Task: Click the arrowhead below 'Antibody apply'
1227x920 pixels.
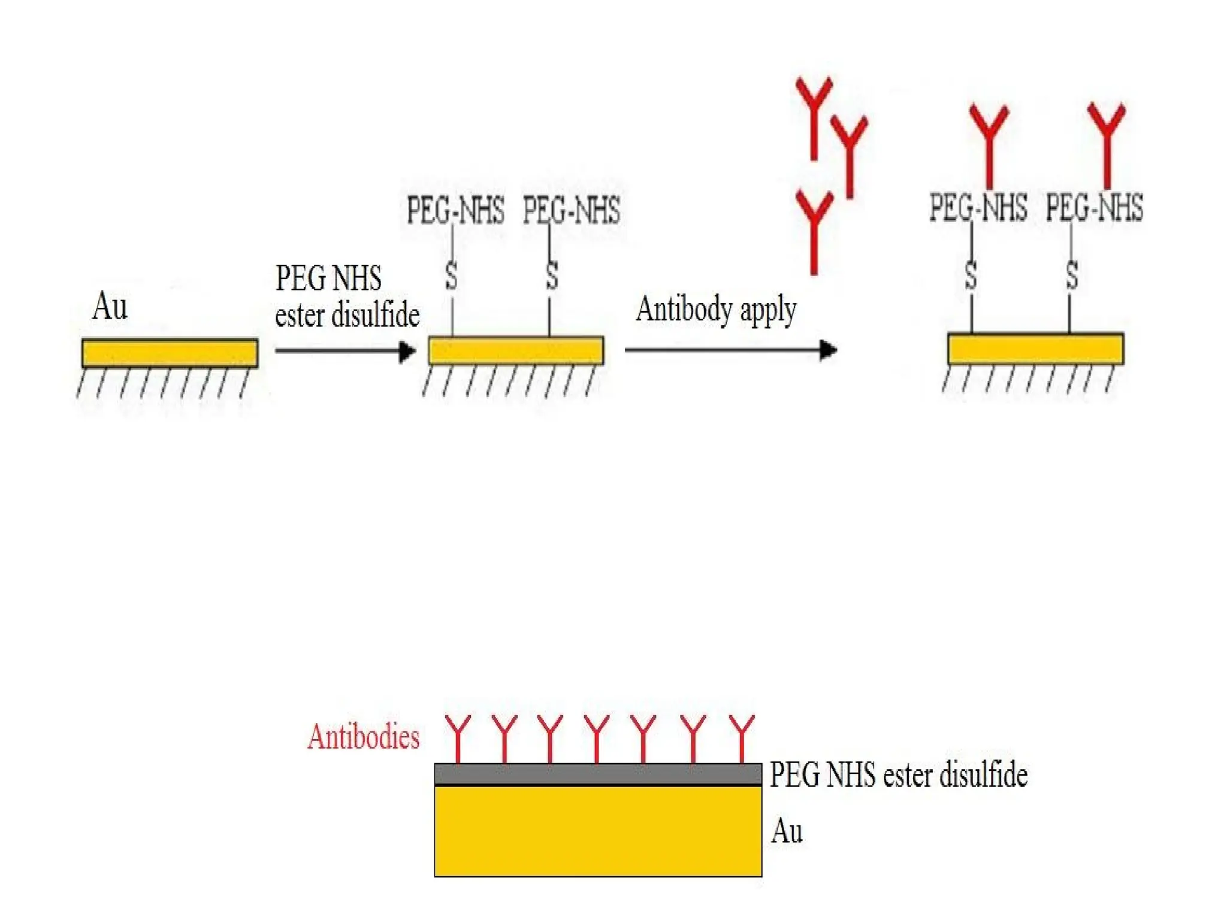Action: (827, 350)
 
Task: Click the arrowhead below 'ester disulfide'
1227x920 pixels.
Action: (407, 351)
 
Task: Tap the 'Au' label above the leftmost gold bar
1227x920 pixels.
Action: (110, 307)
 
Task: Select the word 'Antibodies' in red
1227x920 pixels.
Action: (363, 737)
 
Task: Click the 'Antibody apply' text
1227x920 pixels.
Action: (716, 310)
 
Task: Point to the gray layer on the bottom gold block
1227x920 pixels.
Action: (598, 774)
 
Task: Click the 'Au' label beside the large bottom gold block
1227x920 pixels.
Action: (787, 831)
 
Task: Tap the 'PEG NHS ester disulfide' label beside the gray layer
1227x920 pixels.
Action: (898, 775)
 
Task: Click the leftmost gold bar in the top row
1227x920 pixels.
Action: (170, 353)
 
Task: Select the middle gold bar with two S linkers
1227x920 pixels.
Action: (516, 351)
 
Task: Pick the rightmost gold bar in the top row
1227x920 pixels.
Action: (1035, 349)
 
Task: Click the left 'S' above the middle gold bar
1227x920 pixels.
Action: (452, 277)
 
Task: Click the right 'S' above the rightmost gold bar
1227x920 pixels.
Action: (1072, 276)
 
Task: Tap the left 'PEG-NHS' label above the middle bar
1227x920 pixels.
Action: (455, 210)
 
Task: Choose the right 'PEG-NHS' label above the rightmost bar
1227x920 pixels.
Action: (1094, 208)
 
